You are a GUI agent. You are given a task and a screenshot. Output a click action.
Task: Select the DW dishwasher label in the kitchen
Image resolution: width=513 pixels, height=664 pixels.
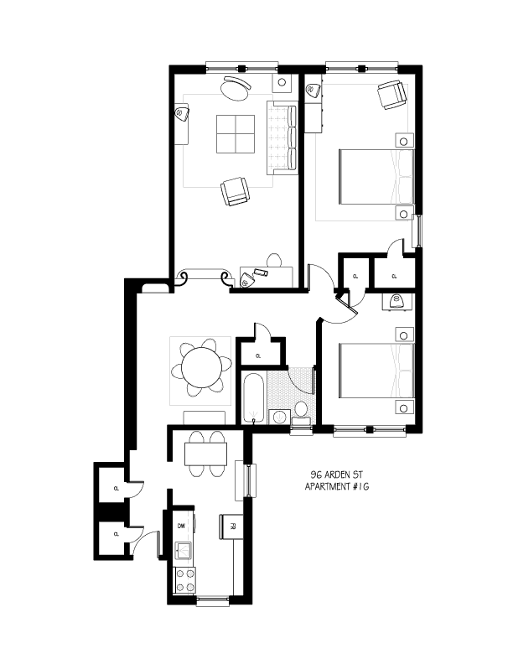(180, 526)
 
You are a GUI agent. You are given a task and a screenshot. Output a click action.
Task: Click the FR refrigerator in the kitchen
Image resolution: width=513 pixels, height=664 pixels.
(225, 527)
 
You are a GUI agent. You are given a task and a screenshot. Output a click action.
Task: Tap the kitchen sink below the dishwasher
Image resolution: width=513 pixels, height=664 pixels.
(184, 550)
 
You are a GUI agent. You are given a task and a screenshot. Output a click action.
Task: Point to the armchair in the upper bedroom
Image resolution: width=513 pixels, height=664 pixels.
(391, 96)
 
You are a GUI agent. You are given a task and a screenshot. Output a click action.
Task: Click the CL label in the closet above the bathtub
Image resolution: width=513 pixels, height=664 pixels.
(258, 356)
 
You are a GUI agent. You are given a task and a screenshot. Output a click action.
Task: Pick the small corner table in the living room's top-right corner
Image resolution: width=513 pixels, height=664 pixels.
(282, 84)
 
